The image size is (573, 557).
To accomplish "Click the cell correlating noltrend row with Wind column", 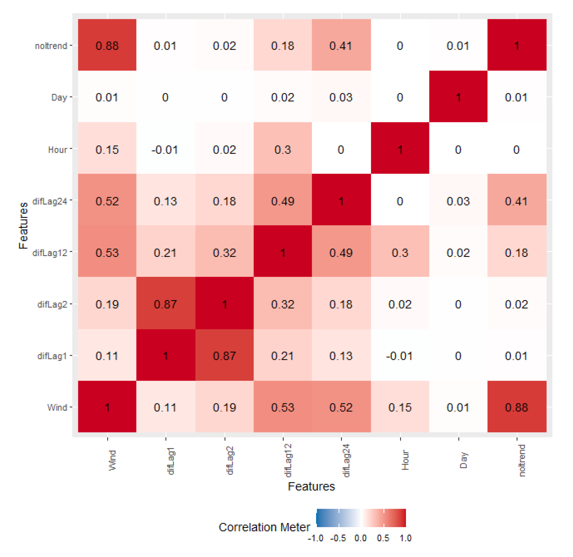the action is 107,45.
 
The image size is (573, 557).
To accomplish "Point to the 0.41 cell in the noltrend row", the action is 341,45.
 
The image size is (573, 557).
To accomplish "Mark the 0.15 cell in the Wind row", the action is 400,406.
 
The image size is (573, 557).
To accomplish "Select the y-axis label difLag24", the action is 50,201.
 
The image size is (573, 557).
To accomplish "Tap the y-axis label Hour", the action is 57,150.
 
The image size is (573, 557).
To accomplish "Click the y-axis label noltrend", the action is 51,46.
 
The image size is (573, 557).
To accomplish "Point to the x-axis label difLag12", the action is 288,460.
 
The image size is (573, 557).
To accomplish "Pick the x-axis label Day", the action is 463,460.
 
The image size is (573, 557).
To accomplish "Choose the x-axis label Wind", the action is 112,460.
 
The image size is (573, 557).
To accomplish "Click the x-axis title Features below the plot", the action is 311,486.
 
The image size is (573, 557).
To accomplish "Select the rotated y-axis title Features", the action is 23,225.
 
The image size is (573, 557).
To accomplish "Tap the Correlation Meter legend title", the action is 264,527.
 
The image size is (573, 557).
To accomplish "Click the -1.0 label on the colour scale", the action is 315,538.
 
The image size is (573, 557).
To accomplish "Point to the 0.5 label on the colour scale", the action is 383,538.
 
